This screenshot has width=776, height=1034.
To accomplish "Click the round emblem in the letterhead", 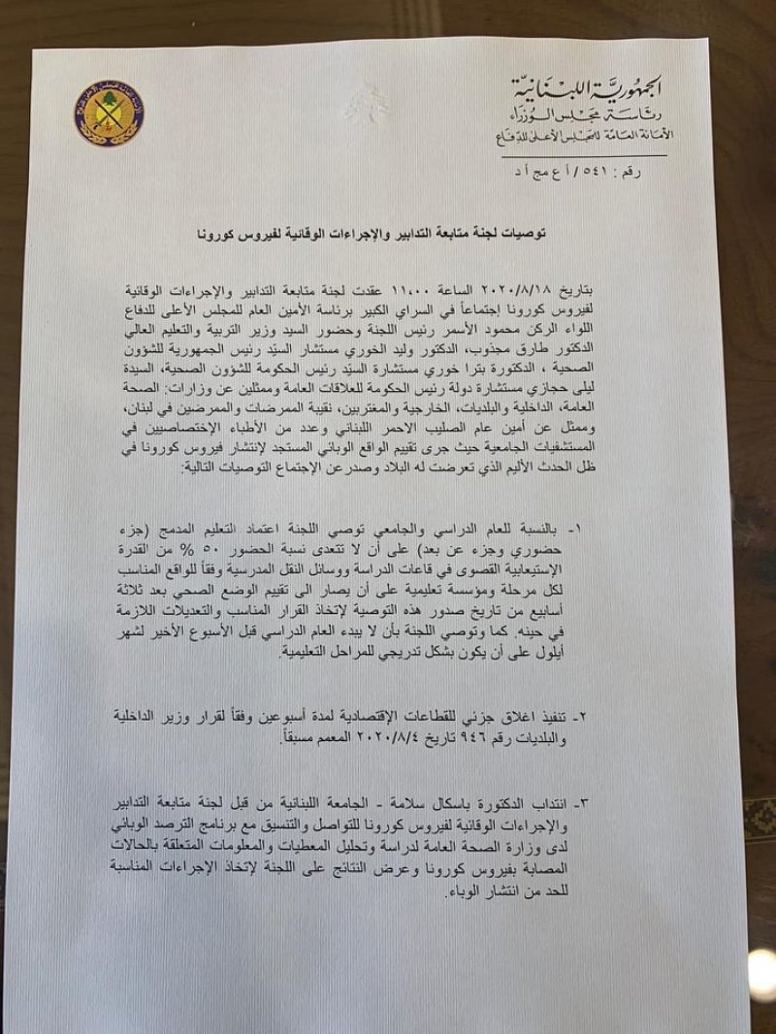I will click(107, 110).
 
